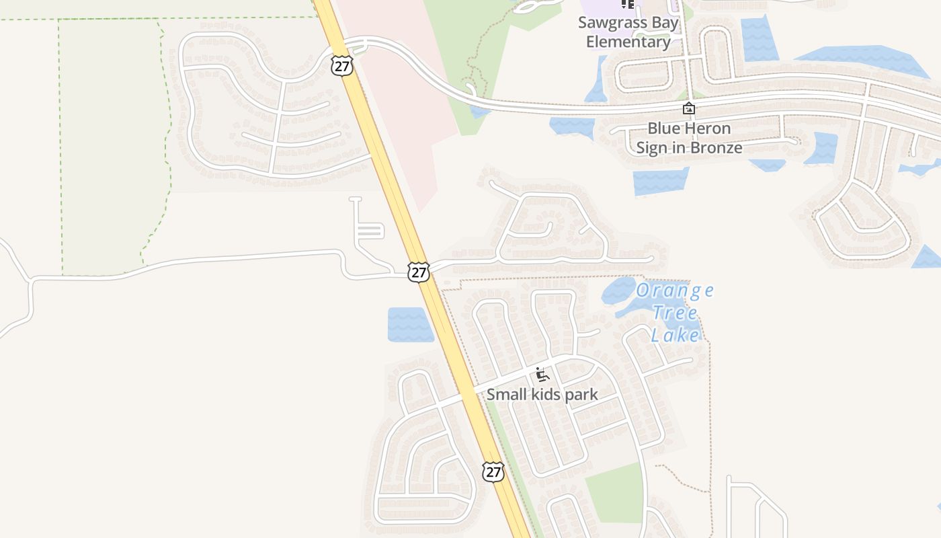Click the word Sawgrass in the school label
click(609, 23)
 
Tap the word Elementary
click(628, 42)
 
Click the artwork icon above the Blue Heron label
click(688, 108)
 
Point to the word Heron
click(708, 128)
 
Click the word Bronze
click(717, 147)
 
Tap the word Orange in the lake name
click(674, 291)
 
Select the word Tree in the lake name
click(675, 313)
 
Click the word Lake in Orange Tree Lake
click(676, 334)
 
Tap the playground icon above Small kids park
click(542, 375)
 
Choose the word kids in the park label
click(546, 394)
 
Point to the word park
click(581, 394)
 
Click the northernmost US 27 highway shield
click(341, 65)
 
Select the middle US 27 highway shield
click(418, 272)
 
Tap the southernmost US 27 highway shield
click(493, 471)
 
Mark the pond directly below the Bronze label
click(660, 180)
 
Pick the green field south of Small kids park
click(616, 492)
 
